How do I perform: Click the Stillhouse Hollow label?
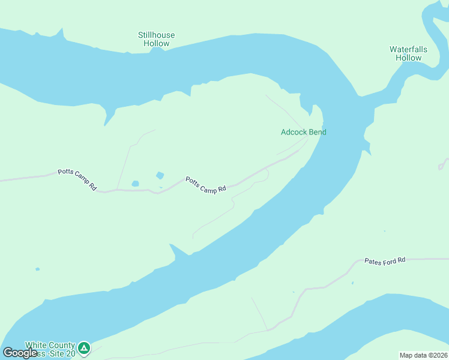pos(156,39)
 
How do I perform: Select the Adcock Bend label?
pos(303,132)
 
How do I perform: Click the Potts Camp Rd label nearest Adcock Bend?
pos(205,184)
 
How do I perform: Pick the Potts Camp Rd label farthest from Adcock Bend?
pos(77,179)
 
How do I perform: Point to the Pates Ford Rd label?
pos(385,260)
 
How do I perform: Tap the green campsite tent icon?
pos(85,347)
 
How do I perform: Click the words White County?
pos(50,345)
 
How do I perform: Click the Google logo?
pos(19,352)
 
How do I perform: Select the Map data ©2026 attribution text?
pos(423,355)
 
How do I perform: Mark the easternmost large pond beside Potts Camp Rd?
pos(160,175)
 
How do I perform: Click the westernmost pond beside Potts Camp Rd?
pos(135,184)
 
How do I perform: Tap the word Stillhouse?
pos(156,35)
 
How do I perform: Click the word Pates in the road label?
pos(372,261)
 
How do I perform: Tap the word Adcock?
pos(293,132)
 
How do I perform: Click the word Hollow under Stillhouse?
pos(156,44)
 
